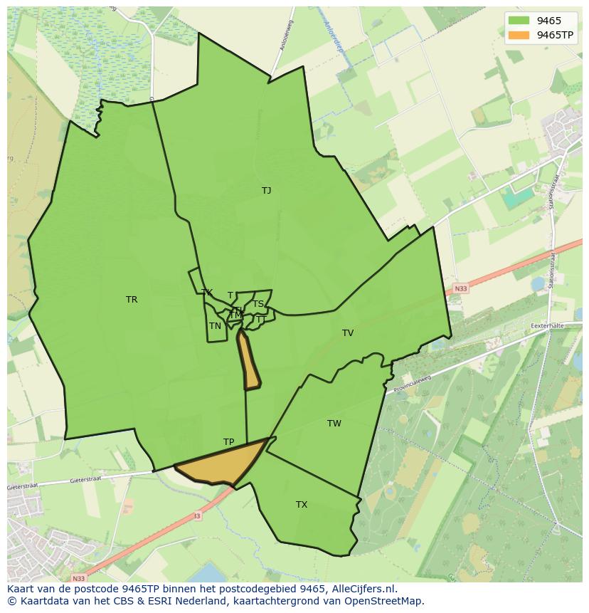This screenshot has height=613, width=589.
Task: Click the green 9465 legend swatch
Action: (519, 21)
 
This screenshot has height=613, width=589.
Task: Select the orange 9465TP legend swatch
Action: (519, 35)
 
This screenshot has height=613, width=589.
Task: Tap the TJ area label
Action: (266, 191)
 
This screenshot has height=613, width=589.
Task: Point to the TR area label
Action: (132, 300)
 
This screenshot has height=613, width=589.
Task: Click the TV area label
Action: (348, 333)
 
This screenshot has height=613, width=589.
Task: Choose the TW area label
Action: (334, 424)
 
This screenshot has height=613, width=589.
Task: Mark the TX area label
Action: (302, 505)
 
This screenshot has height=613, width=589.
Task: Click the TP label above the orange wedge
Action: (228, 442)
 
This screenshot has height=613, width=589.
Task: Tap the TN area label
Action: (215, 326)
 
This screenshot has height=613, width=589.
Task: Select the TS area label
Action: (258, 304)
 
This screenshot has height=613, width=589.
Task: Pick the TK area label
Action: (207, 293)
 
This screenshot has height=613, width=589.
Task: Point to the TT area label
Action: (260, 320)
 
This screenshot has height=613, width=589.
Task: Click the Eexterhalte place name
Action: (552, 325)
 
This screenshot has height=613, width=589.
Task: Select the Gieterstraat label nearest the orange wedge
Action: (87, 481)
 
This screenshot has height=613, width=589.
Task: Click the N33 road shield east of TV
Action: (461, 288)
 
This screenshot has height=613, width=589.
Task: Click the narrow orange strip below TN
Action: (250, 362)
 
